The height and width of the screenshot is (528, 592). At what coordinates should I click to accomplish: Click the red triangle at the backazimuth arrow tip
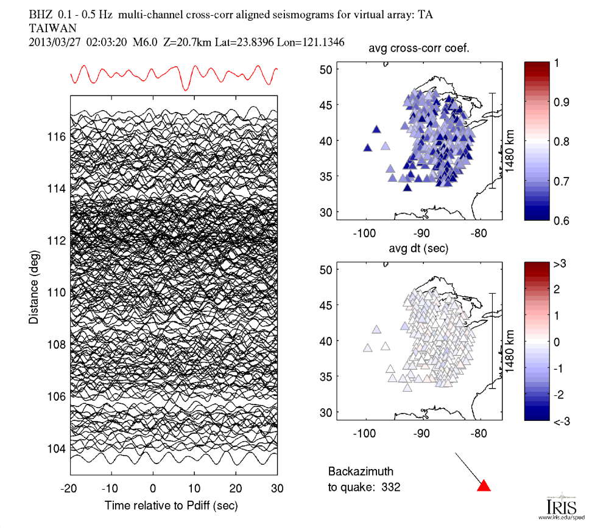pos(484,485)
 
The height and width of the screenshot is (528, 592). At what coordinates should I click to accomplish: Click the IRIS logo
pos(558,507)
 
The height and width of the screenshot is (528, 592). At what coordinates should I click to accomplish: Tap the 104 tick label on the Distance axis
pos(56,449)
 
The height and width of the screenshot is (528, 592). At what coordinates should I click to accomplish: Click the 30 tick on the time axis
pos(278,488)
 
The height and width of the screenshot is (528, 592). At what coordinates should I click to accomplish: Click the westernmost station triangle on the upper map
pos(368,148)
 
